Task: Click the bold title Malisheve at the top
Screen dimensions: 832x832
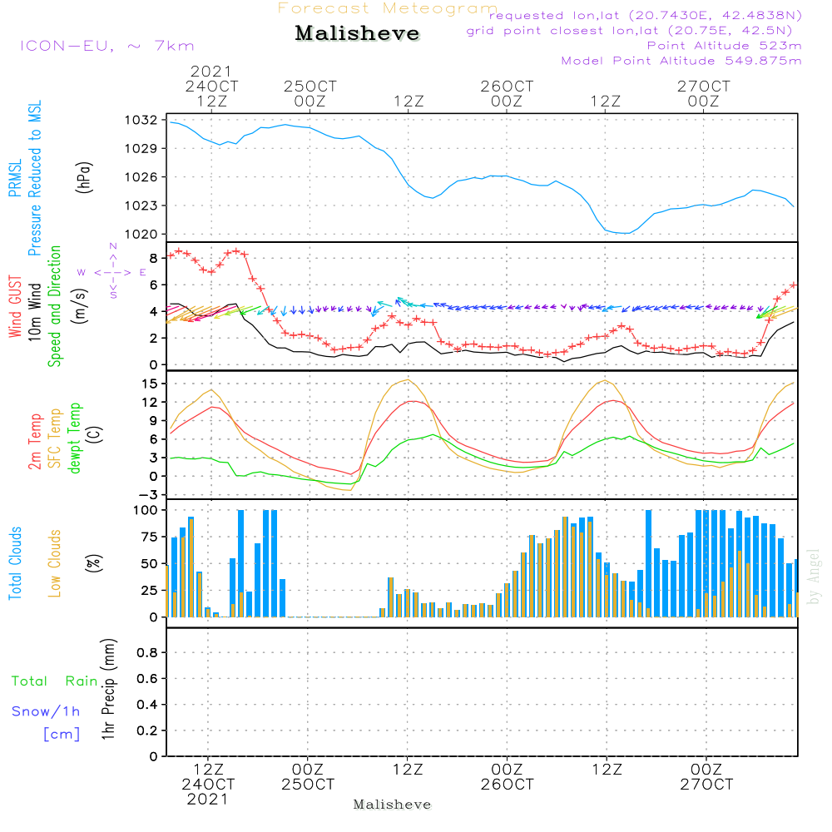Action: pyautogui.click(x=357, y=34)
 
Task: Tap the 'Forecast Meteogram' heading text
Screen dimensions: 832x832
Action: pyautogui.click(x=388, y=8)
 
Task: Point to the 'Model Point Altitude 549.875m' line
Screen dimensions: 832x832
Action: pyautogui.click(x=681, y=61)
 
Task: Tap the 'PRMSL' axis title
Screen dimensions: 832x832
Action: pyautogui.click(x=15, y=178)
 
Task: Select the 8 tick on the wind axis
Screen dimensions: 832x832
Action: pyautogui.click(x=152, y=257)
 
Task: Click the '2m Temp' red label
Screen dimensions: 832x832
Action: pyautogui.click(x=36, y=442)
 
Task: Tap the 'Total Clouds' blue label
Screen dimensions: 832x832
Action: pyautogui.click(x=15, y=562)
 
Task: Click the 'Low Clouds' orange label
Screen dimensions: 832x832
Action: pyautogui.click(x=55, y=562)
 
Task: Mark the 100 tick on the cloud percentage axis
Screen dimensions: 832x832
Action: pyautogui.click(x=145, y=509)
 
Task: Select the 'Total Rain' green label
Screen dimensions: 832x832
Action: pyautogui.click(x=54, y=681)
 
